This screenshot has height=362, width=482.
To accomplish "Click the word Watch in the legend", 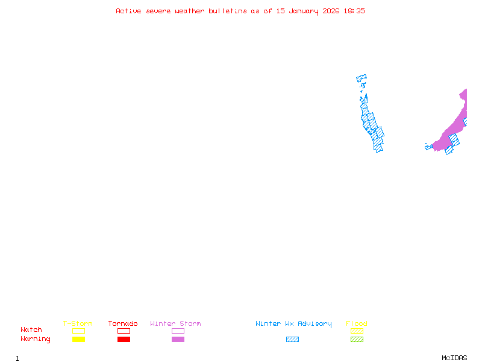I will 31,330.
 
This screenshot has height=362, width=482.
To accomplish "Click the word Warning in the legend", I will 36,339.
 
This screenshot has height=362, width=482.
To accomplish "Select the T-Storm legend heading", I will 78,324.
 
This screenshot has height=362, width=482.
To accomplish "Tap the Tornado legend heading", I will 123,324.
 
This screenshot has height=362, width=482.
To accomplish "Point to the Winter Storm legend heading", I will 175,324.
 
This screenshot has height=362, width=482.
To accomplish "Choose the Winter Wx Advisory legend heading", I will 293,324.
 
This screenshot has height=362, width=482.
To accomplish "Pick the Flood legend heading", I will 357,324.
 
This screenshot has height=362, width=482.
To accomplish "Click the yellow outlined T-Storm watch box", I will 78,331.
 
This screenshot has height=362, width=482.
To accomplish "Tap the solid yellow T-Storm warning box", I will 78,339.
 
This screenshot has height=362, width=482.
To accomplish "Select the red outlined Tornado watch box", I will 124,331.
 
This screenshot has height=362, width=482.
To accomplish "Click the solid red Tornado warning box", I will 124,339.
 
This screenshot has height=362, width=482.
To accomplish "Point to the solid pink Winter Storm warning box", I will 178,339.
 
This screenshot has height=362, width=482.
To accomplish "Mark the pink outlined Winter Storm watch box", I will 178,331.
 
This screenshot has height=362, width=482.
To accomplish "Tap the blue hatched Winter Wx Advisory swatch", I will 292,339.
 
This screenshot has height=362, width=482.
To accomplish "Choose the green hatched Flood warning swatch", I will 357,339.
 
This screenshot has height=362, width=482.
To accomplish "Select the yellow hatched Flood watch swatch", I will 357,331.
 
